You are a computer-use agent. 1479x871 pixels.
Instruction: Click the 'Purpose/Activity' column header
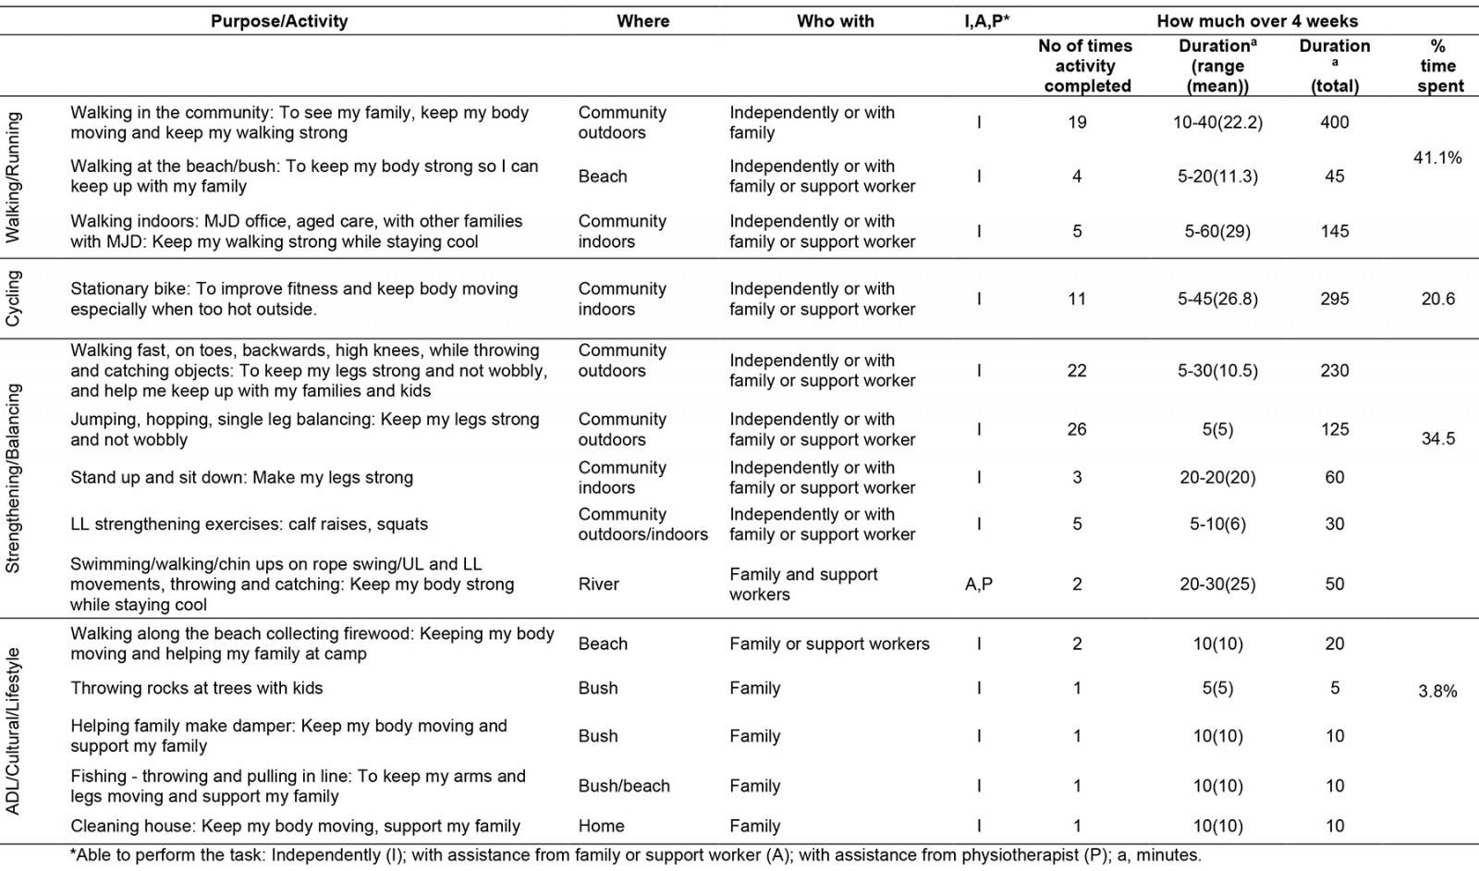click(x=279, y=21)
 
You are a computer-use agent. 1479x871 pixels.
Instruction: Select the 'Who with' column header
click(x=835, y=21)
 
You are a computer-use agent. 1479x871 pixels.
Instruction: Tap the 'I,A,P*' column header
click(x=986, y=21)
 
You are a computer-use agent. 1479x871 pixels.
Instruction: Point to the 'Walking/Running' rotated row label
click(x=13, y=178)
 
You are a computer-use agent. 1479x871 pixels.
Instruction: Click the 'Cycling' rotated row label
click(x=13, y=298)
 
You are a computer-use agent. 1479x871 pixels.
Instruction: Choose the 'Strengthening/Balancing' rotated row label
click(x=13, y=478)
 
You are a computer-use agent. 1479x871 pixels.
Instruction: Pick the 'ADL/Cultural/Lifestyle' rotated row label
click(x=13, y=730)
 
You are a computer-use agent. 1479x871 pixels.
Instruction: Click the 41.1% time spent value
click(x=1437, y=158)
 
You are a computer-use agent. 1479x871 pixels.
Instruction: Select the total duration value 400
click(x=1334, y=122)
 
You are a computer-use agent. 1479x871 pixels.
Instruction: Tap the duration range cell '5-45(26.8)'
click(x=1217, y=300)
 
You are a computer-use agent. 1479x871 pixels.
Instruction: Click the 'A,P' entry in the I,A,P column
click(x=978, y=584)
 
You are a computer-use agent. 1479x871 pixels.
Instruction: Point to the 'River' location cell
click(x=598, y=584)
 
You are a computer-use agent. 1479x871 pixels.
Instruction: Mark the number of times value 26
click(x=1077, y=430)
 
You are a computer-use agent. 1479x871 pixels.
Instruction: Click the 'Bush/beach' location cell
click(x=624, y=786)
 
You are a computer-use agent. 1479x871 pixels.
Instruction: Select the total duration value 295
click(x=1334, y=300)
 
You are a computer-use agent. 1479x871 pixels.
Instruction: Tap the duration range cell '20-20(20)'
click(x=1217, y=478)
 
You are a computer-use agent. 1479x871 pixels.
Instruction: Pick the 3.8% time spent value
click(x=1437, y=692)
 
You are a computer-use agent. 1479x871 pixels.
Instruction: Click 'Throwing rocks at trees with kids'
click(x=197, y=689)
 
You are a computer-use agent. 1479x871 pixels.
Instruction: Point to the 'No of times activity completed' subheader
click(x=1085, y=66)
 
